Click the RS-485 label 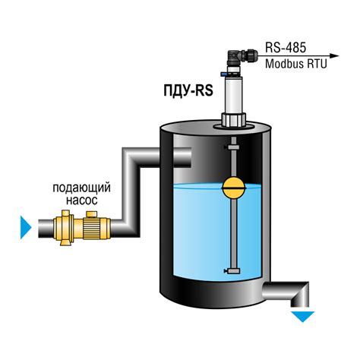coord(286,47)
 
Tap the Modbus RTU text coord(296,64)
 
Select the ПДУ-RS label coord(188,91)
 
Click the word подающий coord(81,188)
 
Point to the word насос coord(82,201)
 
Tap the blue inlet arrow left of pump coord(26,227)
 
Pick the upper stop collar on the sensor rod coord(233,147)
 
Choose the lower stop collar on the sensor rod coord(233,271)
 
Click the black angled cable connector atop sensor coord(242,58)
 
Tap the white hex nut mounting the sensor coord(234,120)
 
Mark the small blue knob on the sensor coord(224,74)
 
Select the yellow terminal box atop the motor coord(92,214)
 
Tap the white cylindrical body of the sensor coord(234,94)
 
